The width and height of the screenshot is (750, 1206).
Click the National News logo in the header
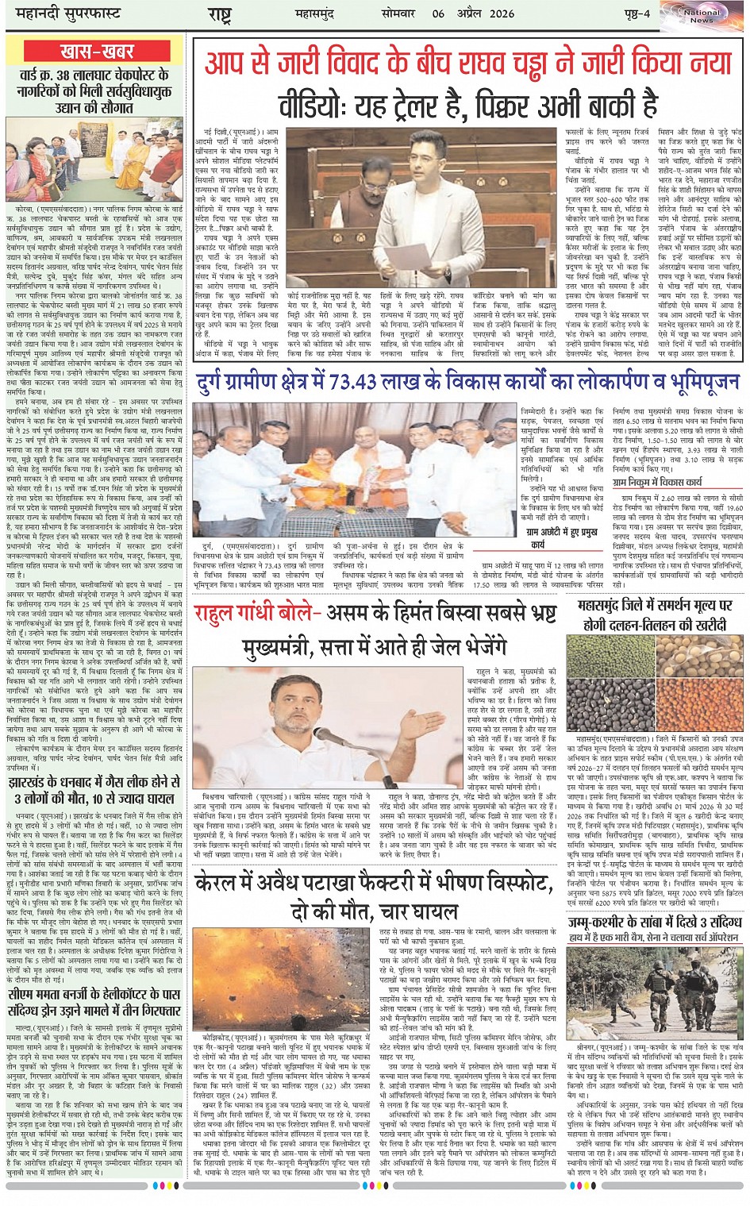(x=702, y=15)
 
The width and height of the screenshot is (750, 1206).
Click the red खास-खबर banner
(x=97, y=52)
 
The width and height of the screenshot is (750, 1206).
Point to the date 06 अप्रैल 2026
(x=473, y=13)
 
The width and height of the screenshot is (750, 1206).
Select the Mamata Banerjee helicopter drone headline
(x=95, y=1003)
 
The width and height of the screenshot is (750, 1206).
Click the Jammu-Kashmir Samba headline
(x=656, y=928)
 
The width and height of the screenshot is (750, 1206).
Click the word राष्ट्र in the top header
(x=219, y=13)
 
